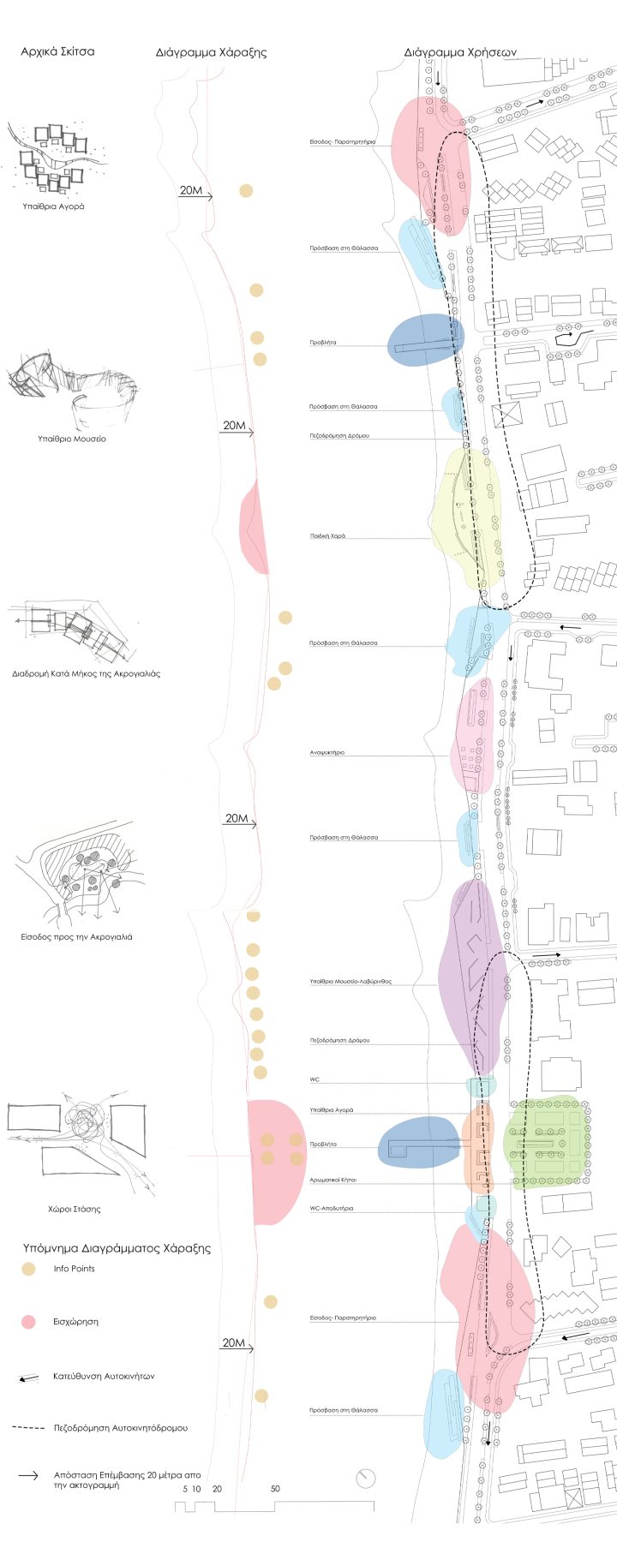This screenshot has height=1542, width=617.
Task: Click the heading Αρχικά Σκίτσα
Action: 57,51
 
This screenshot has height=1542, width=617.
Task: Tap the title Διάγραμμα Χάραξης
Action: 211,52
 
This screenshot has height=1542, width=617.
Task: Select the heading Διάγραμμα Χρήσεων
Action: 460,52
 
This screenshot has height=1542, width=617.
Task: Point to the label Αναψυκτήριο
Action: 327,752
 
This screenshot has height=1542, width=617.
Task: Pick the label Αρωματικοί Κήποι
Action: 333,1180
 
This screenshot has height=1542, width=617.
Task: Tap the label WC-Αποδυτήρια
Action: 332,1208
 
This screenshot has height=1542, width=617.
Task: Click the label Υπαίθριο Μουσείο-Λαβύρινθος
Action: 350,981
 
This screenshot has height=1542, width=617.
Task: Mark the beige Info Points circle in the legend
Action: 29,1270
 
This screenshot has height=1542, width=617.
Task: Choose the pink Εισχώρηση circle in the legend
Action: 29,1322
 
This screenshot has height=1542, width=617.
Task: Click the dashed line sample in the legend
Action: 28,1428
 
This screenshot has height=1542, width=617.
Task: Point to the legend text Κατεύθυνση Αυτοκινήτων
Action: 104,1376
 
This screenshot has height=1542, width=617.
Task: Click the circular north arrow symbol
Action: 366,1479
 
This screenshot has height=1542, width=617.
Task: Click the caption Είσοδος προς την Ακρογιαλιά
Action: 76,936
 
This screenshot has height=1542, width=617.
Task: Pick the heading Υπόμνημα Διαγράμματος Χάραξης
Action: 117,1248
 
